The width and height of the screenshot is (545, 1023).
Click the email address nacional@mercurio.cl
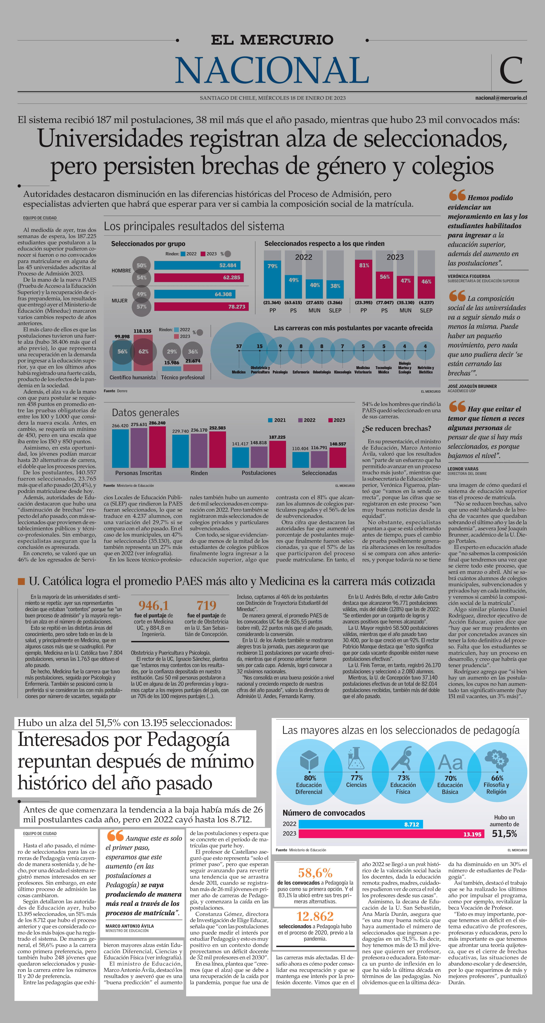coord(501,98)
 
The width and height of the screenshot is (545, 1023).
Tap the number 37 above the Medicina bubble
coord(239,346)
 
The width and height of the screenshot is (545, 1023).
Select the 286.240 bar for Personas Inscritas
coord(157,447)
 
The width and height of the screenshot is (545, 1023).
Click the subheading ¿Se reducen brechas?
coord(396,428)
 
